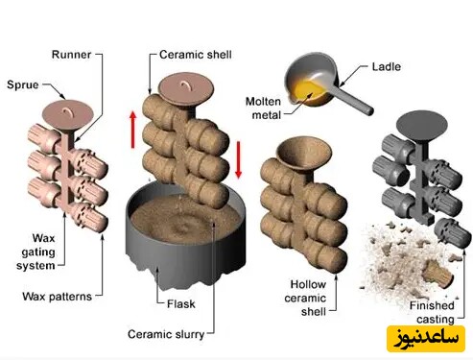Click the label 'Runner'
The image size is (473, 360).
pyautogui.click(x=71, y=55)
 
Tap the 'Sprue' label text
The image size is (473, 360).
pyautogui.click(x=23, y=85)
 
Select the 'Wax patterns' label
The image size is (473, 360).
pyautogui.click(x=58, y=297)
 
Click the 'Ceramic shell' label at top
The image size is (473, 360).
pyautogui.click(x=196, y=55)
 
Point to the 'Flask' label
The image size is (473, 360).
pyautogui.click(x=180, y=304)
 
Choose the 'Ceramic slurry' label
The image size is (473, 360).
pyautogui.click(x=166, y=334)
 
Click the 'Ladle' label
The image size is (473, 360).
pyautogui.click(x=387, y=67)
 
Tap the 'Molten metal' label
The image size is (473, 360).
pyautogui.click(x=263, y=108)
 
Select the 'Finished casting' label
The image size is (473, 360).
pyautogui.click(x=432, y=312)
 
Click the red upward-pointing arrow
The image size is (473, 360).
pyautogui.click(x=133, y=130)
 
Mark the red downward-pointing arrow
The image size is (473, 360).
pyautogui.click(x=238, y=159)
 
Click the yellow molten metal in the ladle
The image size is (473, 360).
pyautogui.click(x=310, y=91)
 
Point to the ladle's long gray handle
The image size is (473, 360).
pyautogui.click(x=354, y=99)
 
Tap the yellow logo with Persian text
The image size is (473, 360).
pyautogui.click(x=426, y=339)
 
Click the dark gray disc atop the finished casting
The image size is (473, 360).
pyautogui.click(x=422, y=126)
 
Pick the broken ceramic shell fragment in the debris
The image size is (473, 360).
pyautogui.click(x=438, y=275)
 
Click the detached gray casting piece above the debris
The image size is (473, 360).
pyautogui.click(x=453, y=233)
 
